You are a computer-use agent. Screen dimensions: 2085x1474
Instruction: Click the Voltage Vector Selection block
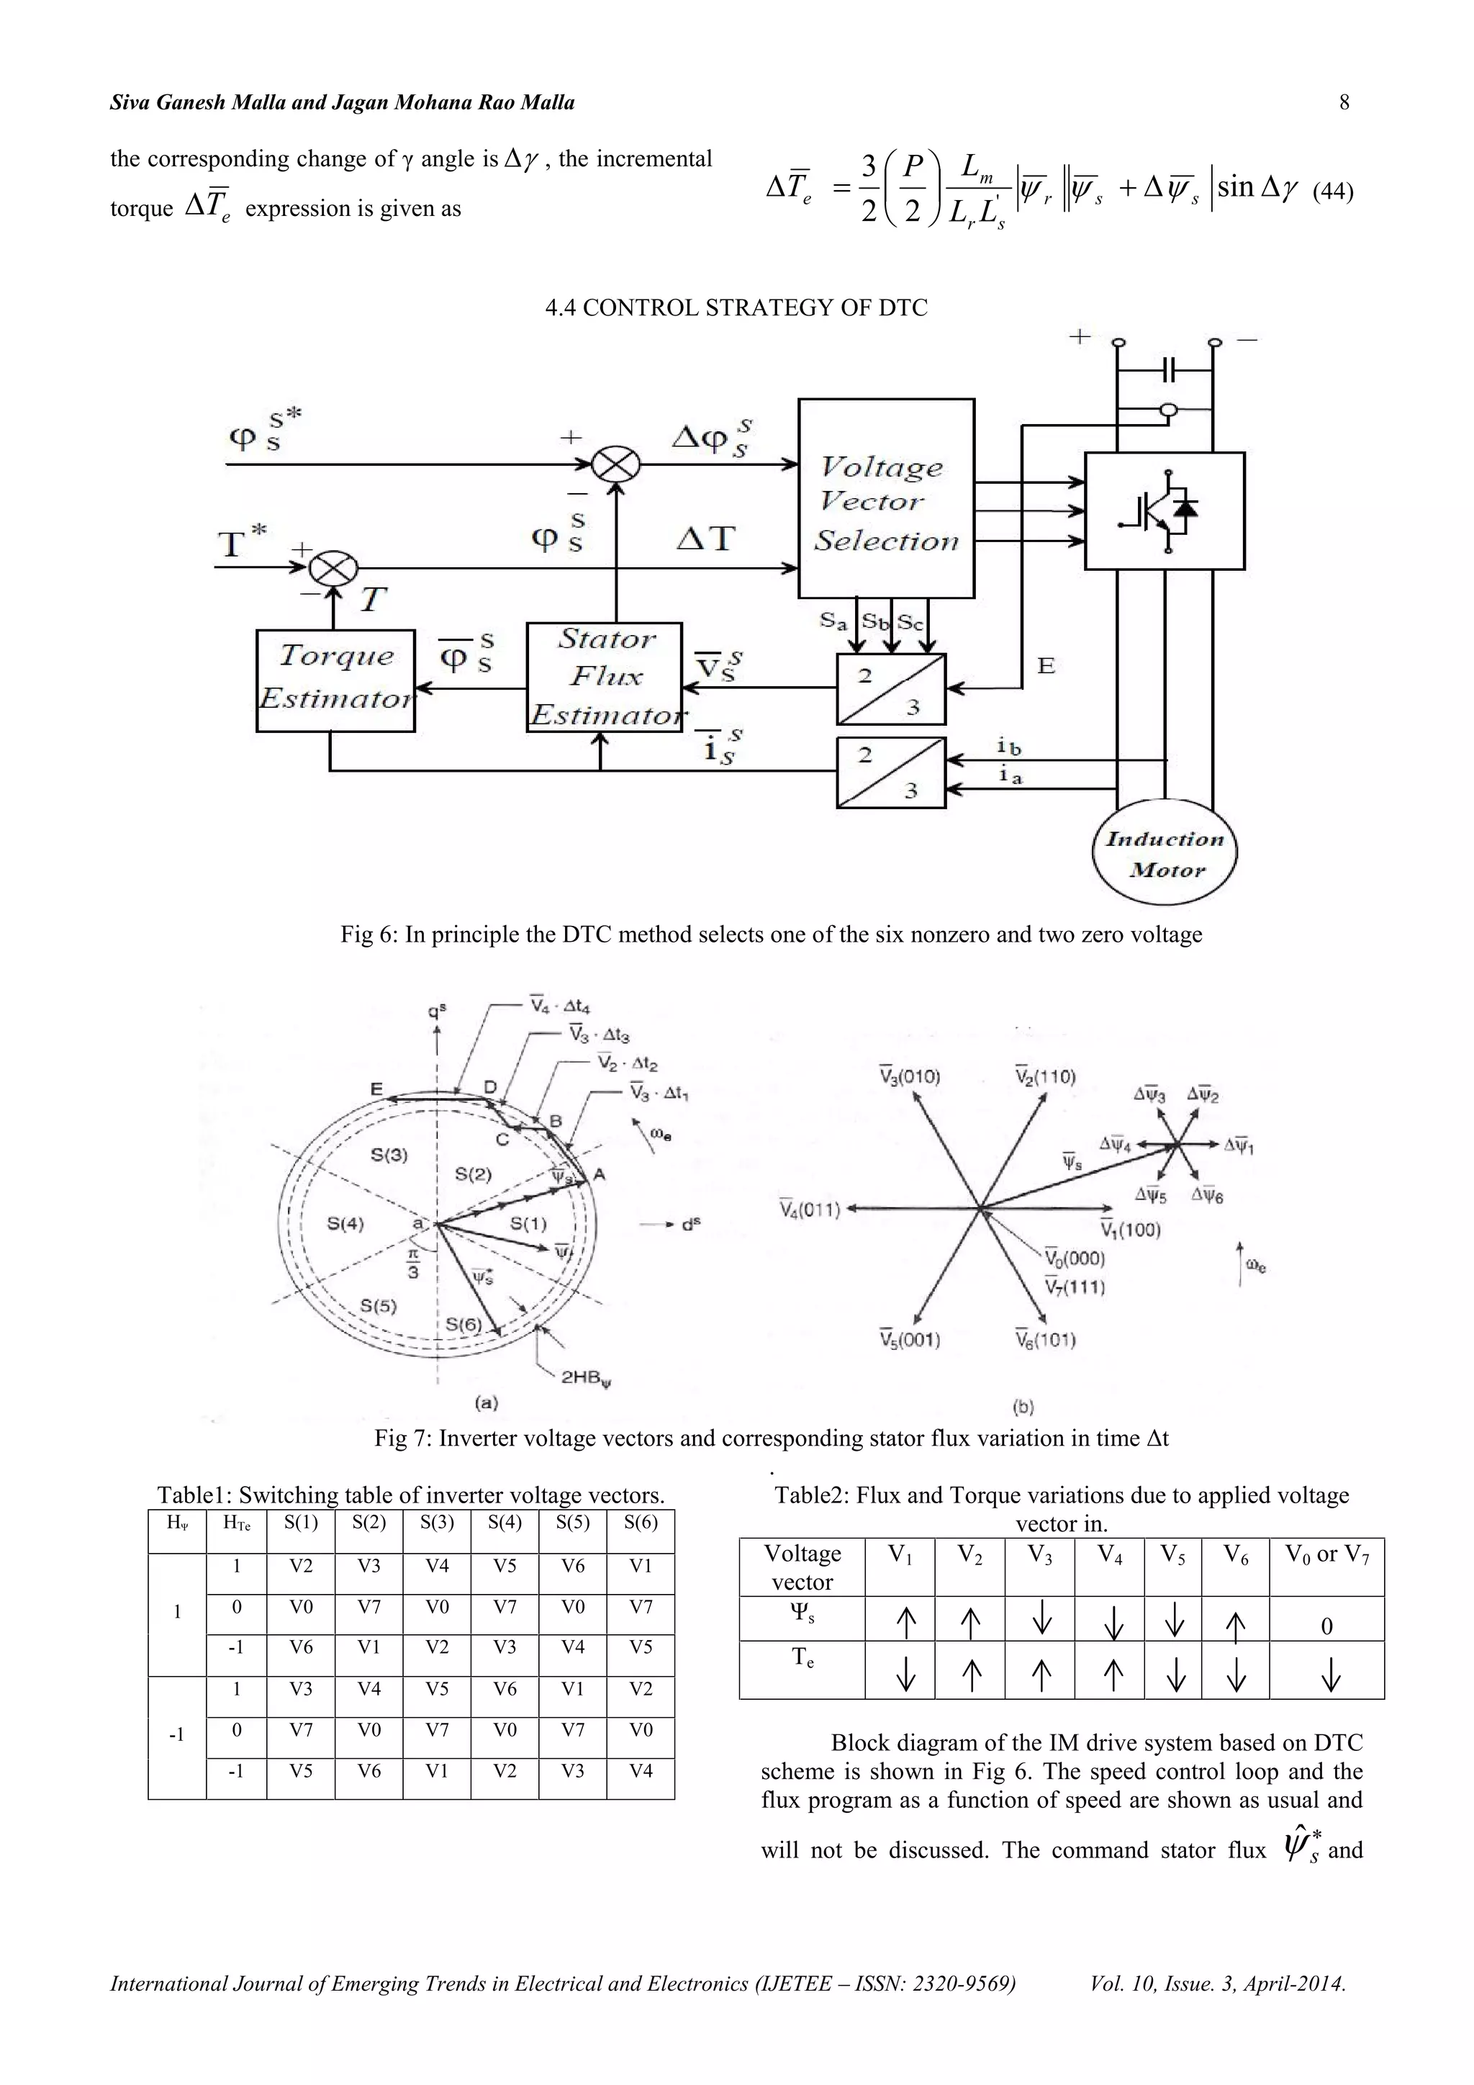point(886,498)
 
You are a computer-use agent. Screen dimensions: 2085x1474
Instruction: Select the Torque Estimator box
point(335,680)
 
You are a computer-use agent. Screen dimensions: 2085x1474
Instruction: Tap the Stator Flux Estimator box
point(604,677)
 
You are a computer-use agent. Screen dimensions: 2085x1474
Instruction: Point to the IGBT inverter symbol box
point(1165,511)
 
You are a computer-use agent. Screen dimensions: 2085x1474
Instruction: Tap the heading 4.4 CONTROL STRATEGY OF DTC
point(736,308)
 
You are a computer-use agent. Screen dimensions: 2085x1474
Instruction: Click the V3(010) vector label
point(910,1077)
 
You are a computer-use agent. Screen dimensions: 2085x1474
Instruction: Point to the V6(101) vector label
point(1046,1339)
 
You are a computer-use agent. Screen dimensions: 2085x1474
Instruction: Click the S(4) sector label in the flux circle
point(345,1223)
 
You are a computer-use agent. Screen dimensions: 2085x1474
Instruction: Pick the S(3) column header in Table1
point(437,1523)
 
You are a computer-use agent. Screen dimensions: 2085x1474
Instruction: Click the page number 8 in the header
point(1344,103)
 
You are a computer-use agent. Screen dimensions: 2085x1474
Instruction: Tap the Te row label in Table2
point(802,1658)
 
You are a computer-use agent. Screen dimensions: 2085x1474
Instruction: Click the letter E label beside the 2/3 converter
point(1046,666)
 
